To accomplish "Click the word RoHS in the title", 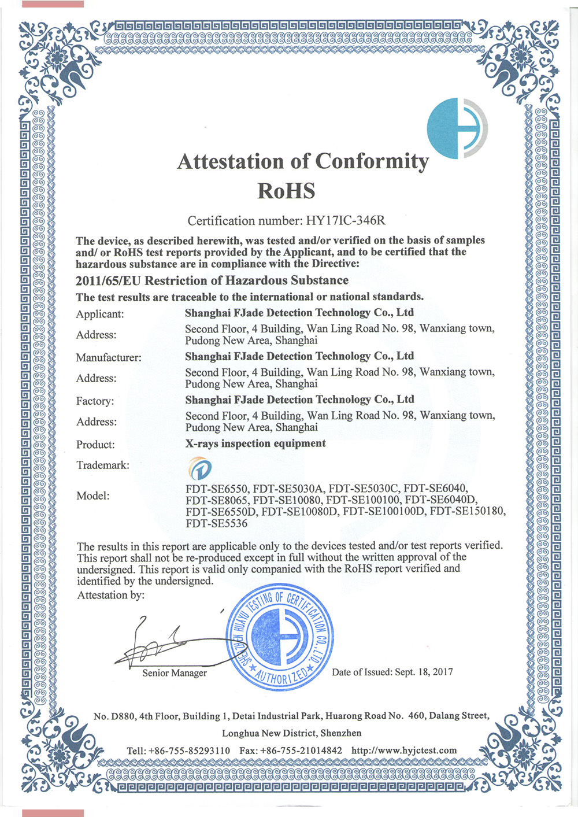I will tap(286, 190).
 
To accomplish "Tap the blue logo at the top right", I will tap(457, 128).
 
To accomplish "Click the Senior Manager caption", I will tap(175, 673).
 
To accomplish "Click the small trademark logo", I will tap(200, 468).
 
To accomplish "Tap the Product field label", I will tap(95, 445).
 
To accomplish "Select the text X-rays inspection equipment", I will tap(255, 443).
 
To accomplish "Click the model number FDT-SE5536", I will tap(216, 524).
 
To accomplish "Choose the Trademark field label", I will tap(102, 465).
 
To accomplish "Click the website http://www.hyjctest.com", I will tap(404, 751).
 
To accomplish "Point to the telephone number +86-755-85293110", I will tap(189, 751).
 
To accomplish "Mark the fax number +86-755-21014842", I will tap(301, 751).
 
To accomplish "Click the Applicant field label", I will tap(99, 315).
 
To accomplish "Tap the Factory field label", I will tap(95, 401).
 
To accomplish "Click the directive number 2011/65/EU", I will tap(108, 281).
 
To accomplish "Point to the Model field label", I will tap(92, 496).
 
